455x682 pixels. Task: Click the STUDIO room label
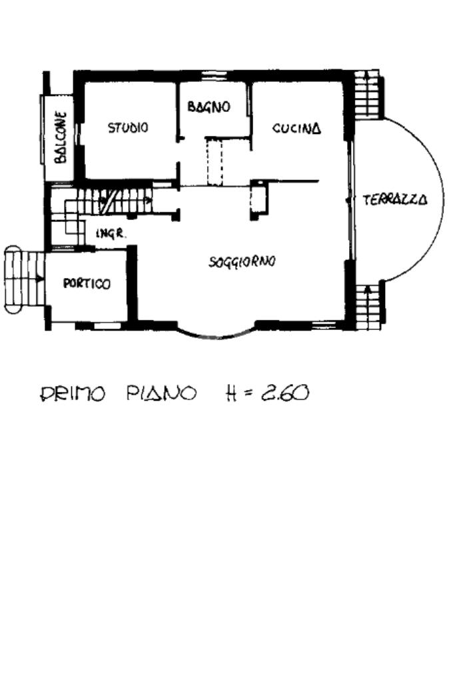[x=128, y=127]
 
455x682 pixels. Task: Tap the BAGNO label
[x=209, y=107]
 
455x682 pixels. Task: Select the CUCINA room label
[x=297, y=128]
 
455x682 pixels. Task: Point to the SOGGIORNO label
[x=242, y=262]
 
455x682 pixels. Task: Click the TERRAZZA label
[x=395, y=199]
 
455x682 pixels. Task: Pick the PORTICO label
[x=87, y=283]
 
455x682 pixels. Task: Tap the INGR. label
[x=111, y=234]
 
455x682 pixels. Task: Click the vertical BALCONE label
[x=61, y=137]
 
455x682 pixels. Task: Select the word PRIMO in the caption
[x=73, y=393]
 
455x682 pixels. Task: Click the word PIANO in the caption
[x=161, y=393]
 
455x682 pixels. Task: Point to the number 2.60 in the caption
[x=285, y=393]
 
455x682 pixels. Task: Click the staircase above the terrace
[x=368, y=95]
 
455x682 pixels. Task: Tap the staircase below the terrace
[x=369, y=306]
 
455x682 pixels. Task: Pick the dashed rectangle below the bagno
[x=215, y=161]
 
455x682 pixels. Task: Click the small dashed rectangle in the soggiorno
[x=258, y=199]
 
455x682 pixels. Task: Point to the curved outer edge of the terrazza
[x=443, y=199]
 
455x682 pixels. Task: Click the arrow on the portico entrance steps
[x=39, y=279]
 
